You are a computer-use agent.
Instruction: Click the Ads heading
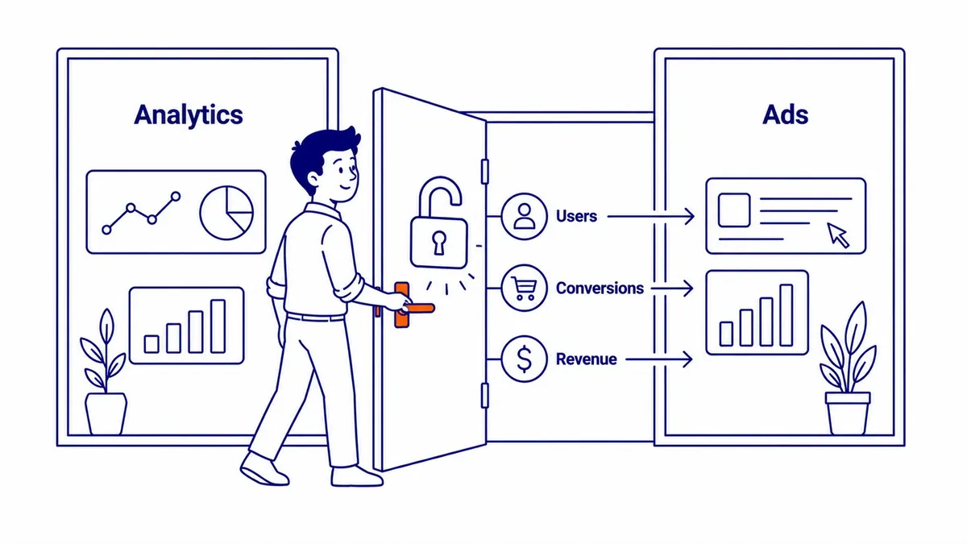(x=785, y=114)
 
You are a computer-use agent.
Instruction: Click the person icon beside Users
(x=524, y=216)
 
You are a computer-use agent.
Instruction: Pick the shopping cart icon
(x=524, y=288)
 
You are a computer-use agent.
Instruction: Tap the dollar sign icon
(x=524, y=359)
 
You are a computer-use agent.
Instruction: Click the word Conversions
(x=600, y=288)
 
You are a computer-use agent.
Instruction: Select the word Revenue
(x=587, y=359)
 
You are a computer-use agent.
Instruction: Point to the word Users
(x=576, y=216)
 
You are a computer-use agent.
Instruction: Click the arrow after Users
(x=650, y=216)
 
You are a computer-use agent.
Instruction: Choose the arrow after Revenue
(x=659, y=359)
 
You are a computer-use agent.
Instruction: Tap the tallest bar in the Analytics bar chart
(x=218, y=326)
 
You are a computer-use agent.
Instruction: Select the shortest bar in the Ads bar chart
(x=726, y=334)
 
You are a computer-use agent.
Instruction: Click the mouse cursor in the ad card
(x=837, y=235)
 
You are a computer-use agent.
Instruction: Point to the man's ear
(x=313, y=179)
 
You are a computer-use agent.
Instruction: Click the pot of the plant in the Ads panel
(x=848, y=413)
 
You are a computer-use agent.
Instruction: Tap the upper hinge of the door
(x=485, y=172)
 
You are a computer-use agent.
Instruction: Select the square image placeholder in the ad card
(x=734, y=210)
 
